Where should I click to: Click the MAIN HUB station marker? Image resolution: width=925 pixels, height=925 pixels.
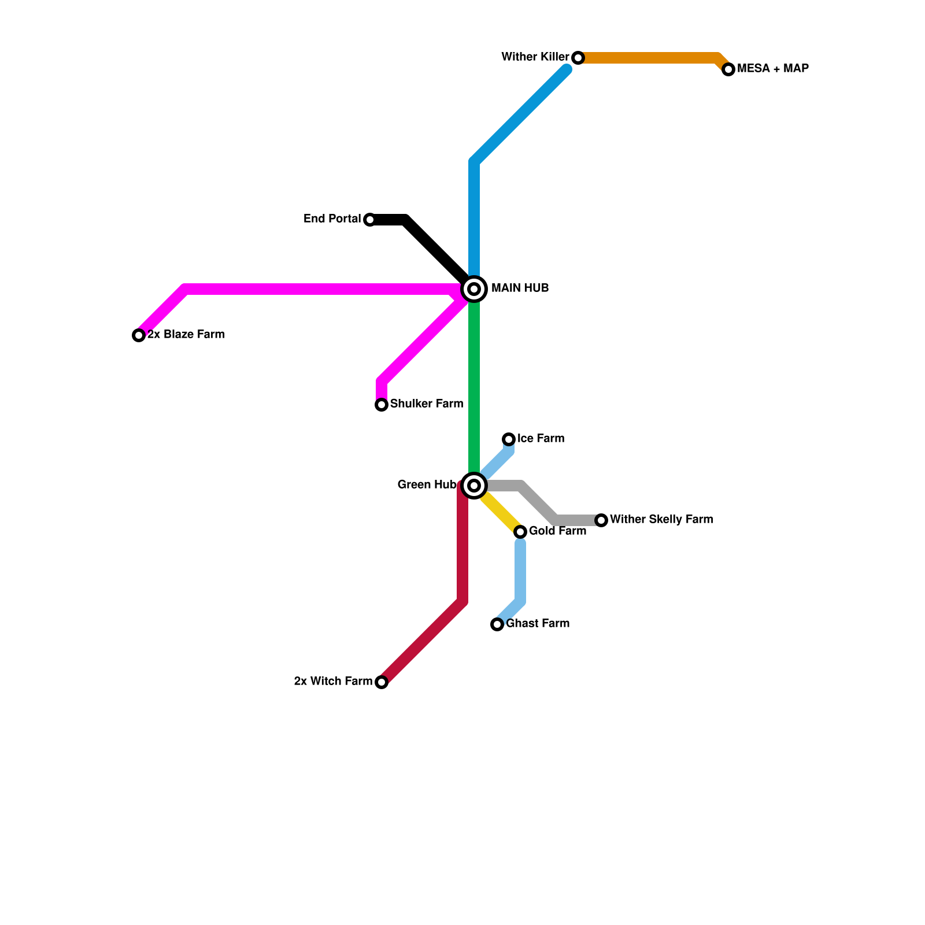(474, 288)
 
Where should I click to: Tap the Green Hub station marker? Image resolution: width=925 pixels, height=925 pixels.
(474, 485)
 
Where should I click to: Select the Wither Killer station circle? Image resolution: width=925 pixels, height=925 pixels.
(578, 58)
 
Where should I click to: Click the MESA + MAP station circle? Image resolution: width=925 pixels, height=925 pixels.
(728, 69)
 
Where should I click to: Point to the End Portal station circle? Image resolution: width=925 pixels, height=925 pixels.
(370, 220)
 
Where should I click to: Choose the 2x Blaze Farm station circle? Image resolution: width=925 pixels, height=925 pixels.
(139, 335)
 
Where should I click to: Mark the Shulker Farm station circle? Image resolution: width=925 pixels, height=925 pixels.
(382, 405)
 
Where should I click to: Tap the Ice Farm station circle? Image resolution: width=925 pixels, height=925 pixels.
(509, 439)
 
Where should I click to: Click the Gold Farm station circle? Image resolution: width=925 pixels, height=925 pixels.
(520, 532)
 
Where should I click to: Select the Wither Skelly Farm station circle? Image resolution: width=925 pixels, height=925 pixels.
(601, 520)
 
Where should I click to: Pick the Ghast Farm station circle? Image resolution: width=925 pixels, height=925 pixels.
(497, 624)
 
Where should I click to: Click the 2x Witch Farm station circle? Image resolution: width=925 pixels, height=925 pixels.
(382, 682)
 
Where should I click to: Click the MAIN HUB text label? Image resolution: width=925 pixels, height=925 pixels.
(520, 288)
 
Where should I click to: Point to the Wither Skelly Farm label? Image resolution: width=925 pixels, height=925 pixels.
(661, 520)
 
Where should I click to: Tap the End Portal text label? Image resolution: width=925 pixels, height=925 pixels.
(332, 219)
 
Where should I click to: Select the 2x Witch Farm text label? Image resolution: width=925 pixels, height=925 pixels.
(333, 682)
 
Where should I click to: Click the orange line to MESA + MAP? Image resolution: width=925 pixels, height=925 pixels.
(647, 58)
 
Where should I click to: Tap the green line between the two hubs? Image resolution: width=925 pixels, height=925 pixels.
(474, 387)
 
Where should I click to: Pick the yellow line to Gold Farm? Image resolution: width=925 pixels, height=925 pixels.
(500, 512)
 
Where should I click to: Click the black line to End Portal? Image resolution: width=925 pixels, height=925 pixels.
(434, 246)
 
